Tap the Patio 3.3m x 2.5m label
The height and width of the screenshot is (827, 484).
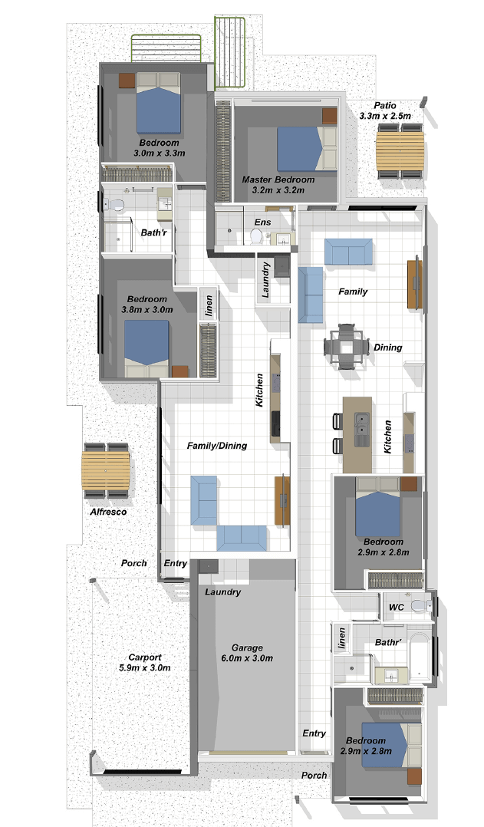385,110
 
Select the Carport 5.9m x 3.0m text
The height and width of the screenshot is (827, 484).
145,663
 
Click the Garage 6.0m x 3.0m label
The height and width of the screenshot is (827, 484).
247,653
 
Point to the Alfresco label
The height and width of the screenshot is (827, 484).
108,512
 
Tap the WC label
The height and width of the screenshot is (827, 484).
397,607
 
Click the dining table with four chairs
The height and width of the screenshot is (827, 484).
347,347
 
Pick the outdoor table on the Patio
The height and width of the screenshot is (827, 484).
400,151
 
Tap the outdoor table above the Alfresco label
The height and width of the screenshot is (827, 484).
106,470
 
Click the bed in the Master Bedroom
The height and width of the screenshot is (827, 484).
307,149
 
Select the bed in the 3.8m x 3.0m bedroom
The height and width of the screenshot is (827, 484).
147,348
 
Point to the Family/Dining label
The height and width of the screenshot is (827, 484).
217,446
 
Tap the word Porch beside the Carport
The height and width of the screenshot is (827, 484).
134,563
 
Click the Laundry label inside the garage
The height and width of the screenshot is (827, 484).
223,592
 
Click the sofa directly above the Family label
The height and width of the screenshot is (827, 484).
348,251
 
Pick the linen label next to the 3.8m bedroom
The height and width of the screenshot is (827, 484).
209,306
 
